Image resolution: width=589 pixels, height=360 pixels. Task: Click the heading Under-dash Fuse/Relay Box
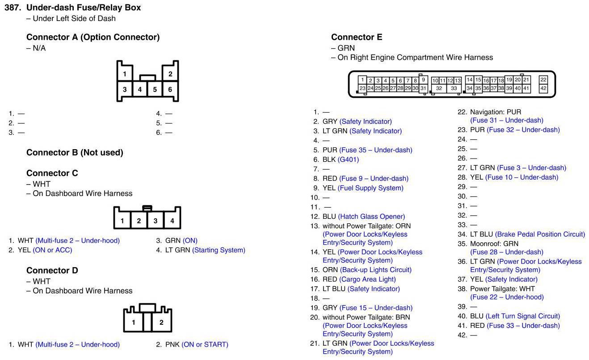[84, 8]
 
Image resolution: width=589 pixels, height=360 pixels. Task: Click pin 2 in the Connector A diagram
[170, 74]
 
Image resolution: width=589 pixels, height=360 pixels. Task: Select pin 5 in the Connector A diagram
[155, 89]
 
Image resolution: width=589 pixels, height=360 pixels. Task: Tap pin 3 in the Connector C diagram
[156, 221]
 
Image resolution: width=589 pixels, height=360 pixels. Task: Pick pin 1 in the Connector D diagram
[134, 322]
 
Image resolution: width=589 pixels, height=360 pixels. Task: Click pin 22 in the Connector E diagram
[543, 80]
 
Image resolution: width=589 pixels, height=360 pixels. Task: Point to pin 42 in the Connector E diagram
[543, 88]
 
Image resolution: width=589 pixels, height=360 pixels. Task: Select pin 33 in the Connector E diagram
[454, 88]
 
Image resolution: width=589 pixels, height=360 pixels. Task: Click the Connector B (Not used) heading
[75, 153]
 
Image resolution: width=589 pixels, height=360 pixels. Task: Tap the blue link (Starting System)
[219, 250]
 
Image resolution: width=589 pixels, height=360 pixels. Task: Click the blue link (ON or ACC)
[52, 250]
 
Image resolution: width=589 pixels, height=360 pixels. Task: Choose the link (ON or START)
[205, 345]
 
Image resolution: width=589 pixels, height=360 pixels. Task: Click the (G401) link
[348, 159]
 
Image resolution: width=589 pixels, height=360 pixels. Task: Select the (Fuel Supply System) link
[370, 188]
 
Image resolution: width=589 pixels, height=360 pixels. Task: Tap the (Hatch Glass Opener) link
[371, 217]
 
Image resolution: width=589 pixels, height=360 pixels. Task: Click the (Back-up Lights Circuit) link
[375, 270]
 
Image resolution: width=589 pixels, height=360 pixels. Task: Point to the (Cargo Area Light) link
[367, 280]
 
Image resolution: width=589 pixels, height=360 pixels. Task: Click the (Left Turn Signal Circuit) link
[522, 316]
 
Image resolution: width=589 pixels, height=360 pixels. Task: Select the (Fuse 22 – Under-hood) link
[507, 297]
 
